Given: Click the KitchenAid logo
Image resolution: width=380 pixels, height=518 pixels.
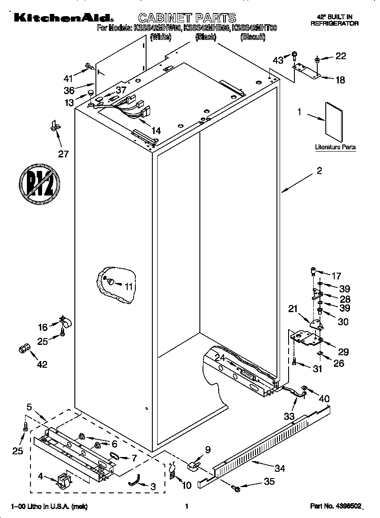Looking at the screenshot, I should point(63,17).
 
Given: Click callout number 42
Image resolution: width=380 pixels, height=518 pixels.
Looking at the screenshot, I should point(42,364).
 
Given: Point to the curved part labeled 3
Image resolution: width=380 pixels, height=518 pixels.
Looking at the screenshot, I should point(134,481).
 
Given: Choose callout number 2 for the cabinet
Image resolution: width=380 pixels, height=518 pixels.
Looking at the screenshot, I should point(319,171).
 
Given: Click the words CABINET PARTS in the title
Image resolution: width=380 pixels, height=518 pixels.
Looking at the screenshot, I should point(187,18).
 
